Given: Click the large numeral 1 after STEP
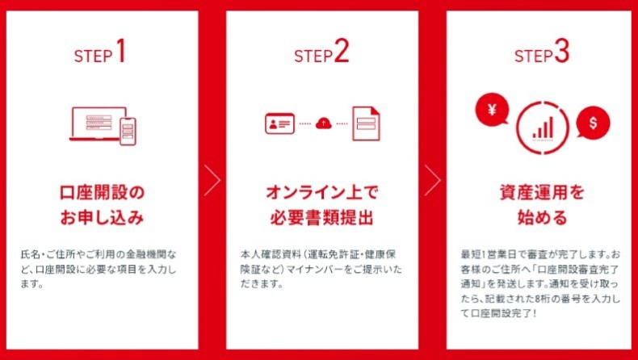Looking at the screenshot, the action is click(120, 51).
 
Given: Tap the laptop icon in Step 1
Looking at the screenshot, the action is click(99, 123).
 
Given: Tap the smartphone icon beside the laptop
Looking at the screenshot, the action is click(128, 132).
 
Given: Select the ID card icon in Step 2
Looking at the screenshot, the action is click(279, 123).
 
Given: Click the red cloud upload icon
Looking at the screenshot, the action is click(324, 123).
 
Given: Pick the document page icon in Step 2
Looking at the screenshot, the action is click(366, 123).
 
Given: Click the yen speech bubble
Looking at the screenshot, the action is click(493, 109).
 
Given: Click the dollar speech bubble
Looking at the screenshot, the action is click(593, 123).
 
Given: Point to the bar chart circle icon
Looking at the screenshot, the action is click(543, 128).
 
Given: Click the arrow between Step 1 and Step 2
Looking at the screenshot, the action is click(212, 180).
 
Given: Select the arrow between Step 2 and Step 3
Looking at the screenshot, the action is click(432, 180).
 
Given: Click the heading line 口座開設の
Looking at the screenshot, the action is click(102, 193).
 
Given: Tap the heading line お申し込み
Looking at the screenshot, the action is click(102, 218).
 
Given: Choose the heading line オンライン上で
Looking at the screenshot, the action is click(322, 193).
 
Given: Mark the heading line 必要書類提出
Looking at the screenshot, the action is click(322, 218).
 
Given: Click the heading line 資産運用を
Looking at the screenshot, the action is click(542, 193).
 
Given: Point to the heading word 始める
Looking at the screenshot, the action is click(542, 218).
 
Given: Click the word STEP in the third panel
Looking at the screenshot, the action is click(533, 57).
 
